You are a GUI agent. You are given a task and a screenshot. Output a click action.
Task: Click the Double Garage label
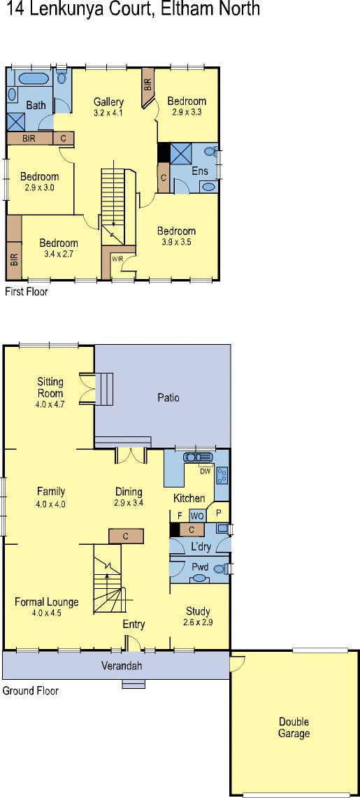[294, 728]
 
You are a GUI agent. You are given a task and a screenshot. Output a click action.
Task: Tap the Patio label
[168, 397]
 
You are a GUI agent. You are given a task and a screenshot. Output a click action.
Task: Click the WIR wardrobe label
[118, 258]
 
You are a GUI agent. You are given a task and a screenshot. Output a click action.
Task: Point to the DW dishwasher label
[205, 471]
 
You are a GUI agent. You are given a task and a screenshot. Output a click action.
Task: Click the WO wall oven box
[197, 516]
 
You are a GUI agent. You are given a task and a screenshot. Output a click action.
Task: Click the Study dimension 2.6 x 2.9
[198, 622]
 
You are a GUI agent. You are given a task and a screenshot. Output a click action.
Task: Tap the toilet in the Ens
[212, 151]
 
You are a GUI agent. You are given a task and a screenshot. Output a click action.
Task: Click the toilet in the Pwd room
[221, 569]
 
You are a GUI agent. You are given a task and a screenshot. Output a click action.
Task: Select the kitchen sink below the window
[198, 457]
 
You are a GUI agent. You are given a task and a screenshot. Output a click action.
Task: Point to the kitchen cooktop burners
[222, 476]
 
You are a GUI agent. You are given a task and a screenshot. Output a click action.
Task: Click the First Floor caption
[26, 292]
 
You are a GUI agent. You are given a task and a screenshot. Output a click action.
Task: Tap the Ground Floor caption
[31, 690]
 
